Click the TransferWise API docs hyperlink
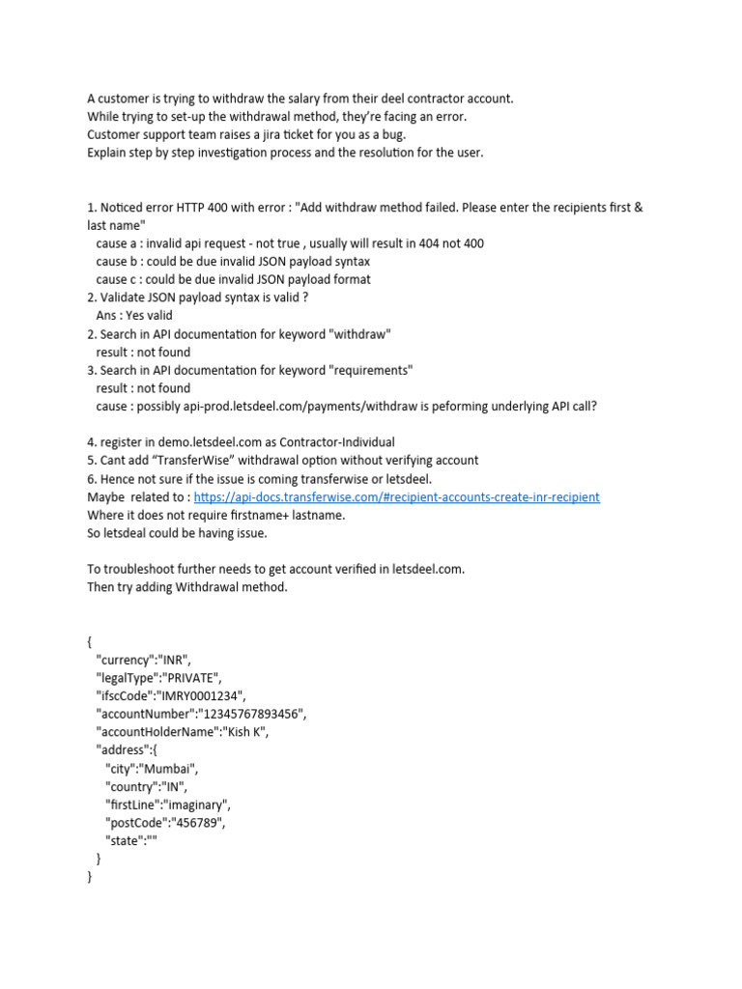click(x=396, y=497)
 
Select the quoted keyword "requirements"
click(x=376, y=370)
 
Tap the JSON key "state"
click(x=124, y=840)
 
